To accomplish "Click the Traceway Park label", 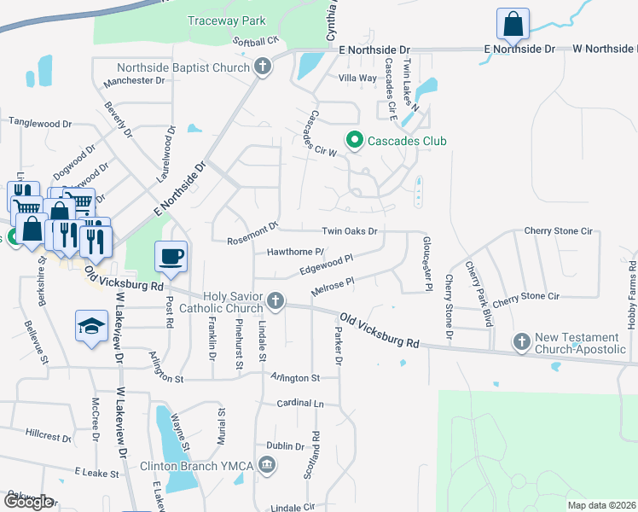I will pyautogui.click(x=226, y=20).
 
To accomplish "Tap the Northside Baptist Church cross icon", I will pyautogui.click(x=263, y=67).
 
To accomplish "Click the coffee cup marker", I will pyautogui.click(x=171, y=256).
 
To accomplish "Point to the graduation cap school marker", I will pyautogui.click(x=91, y=327).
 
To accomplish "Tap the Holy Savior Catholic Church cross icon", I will pyautogui.click(x=275, y=300).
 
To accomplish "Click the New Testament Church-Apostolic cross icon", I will pyautogui.click(x=522, y=341).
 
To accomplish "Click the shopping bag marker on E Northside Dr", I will pyautogui.click(x=513, y=24).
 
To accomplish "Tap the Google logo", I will pyautogui.click(x=28, y=502).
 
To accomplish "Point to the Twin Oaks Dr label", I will pyautogui.click(x=349, y=230).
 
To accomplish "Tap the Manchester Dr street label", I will pyautogui.click(x=133, y=81).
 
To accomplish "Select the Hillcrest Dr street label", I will pyautogui.click(x=49, y=435).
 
